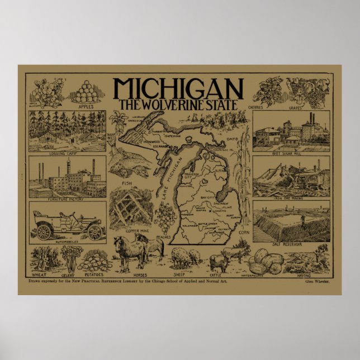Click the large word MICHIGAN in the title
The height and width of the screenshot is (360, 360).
pos(178,89)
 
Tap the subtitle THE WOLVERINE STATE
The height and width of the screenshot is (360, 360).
pos(178,105)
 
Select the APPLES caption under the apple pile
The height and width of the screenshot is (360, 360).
pos(86,105)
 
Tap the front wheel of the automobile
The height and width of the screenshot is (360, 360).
pos(95,231)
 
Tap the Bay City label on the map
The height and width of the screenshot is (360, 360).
pos(209,198)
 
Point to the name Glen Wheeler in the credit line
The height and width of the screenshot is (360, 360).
pos(317,283)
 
